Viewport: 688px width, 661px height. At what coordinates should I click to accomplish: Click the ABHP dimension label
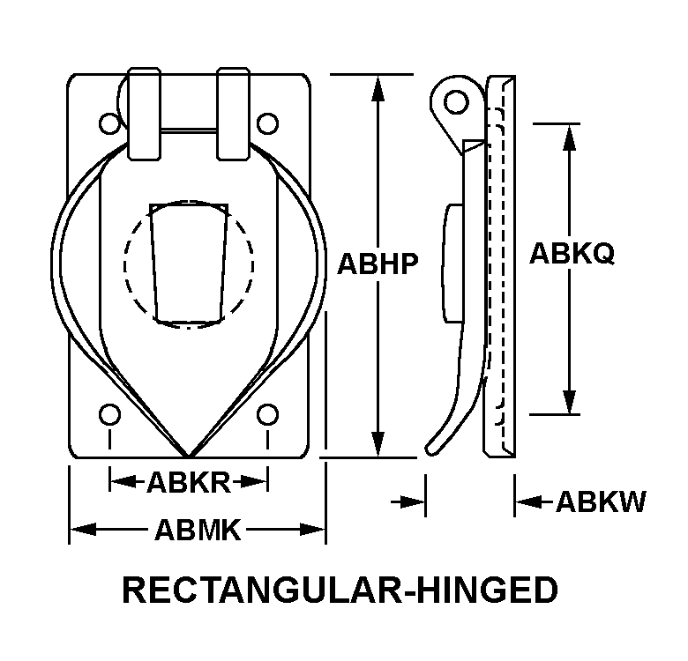pos(378,264)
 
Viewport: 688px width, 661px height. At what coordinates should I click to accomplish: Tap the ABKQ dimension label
pos(572,254)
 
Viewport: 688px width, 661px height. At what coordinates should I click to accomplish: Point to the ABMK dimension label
pos(198,529)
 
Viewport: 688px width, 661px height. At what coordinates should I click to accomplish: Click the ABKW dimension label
pos(601,502)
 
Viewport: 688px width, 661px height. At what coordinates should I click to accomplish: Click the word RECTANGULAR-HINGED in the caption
pos(340,590)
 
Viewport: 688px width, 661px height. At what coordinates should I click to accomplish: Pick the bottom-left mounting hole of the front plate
pos(109,413)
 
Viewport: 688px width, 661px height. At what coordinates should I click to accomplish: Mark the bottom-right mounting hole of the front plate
pos(266,413)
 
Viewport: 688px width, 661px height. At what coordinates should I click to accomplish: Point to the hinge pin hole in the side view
pos(456,101)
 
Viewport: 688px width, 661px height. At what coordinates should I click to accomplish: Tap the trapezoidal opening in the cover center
pos(189,263)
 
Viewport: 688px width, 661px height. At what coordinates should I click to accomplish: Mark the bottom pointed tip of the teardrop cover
pos(189,455)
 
